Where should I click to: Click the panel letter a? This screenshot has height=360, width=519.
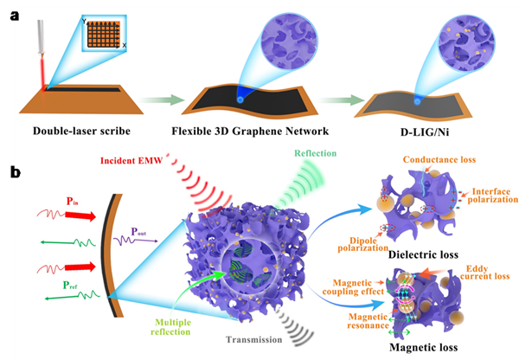click(15, 16)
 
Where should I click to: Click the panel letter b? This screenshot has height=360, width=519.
click(16, 171)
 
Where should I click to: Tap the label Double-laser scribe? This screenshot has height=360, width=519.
click(81, 132)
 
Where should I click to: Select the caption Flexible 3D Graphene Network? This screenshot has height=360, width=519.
click(250, 132)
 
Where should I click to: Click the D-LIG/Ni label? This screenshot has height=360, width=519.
click(425, 132)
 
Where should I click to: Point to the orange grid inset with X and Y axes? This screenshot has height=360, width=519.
click(104, 34)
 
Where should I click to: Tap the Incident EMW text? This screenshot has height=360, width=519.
click(131, 161)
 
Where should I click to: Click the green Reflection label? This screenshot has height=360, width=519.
click(316, 153)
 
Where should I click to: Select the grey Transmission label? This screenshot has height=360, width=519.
click(253, 340)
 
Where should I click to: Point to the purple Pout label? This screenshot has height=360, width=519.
click(138, 232)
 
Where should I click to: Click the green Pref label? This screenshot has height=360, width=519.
click(70, 285)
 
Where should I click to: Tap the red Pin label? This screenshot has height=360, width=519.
click(72, 201)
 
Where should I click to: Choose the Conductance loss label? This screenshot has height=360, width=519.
click(439, 159)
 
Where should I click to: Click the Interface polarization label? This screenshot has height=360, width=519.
click(492, 196)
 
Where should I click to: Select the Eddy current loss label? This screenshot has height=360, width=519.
click(484, 273)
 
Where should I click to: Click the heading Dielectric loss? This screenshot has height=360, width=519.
click(423, 254)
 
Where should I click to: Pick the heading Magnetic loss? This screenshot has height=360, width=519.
click(424, 347)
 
